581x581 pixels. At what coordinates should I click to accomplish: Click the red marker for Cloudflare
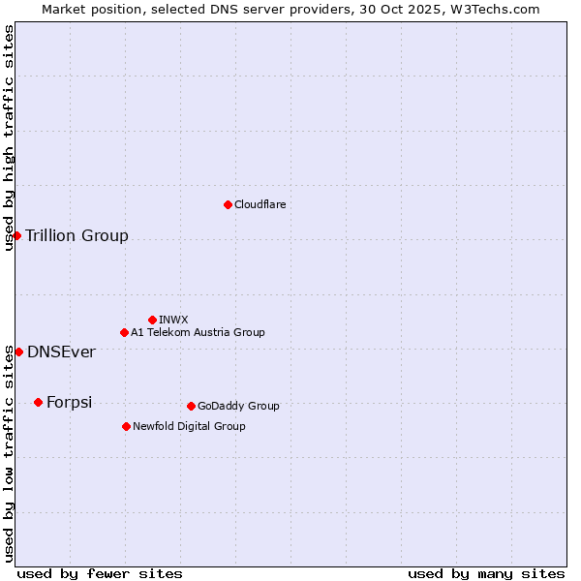pos(228,204)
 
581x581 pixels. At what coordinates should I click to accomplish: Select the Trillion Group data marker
pos(16,235)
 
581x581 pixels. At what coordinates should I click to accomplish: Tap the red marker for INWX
pos(152,320)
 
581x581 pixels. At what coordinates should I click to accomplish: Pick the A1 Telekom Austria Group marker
pos(124,332)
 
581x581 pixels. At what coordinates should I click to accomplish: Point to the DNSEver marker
pos(18,352)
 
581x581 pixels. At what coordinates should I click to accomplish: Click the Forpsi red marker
pos(38,402)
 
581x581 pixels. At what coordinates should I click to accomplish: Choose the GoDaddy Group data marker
pos(191,406)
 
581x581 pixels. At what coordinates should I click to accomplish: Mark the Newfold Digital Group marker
pos(126,426)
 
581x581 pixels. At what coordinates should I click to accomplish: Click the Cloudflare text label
pos(260,204)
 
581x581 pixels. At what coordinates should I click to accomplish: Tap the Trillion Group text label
pos(76,235)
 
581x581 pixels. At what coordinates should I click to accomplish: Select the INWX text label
pos(173,320)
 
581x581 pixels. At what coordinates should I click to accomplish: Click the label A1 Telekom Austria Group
pos(198,332)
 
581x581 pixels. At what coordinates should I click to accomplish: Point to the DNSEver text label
pos(61,352)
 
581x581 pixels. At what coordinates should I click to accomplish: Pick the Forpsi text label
pos(69,402)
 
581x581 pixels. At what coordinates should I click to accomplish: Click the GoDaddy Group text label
pos(238,406)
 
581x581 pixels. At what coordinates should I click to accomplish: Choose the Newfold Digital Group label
pos(189,426)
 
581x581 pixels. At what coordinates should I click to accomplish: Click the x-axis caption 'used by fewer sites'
pos(100,573)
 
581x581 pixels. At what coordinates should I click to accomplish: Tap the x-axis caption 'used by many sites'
pos(486,573)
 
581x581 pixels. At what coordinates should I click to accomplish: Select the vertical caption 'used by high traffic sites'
pos(9,138)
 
